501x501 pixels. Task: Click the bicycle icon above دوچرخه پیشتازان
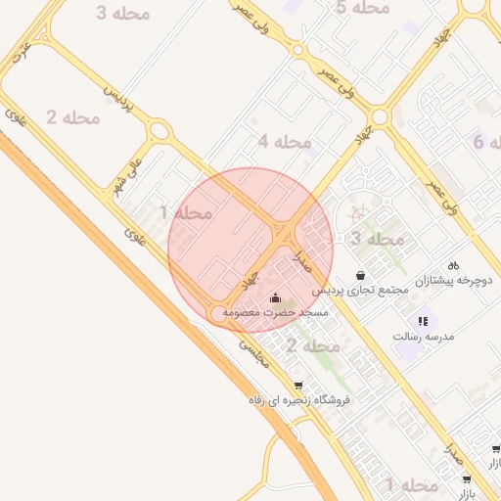[453, 264]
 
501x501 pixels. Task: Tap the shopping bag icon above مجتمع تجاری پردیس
[362, 275]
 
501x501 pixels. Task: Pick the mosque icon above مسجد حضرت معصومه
[276, 296]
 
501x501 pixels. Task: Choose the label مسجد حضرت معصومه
[275, 312]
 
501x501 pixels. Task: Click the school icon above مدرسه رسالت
[423, 320]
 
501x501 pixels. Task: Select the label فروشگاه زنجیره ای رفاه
[298, 400]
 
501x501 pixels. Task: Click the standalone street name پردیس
[117, 95]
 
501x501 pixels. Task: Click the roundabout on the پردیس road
[159, 129]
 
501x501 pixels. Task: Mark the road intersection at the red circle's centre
[283, 235]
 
